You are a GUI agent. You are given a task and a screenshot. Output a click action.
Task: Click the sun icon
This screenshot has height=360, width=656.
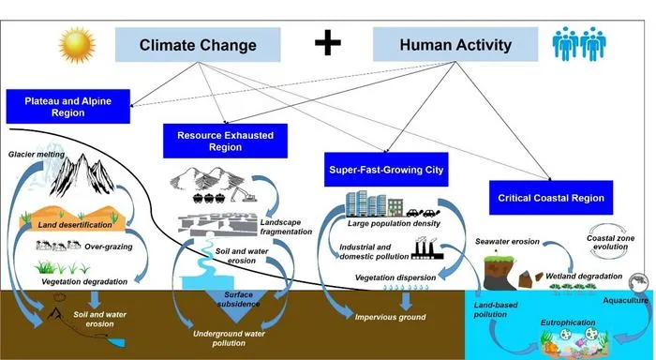(77, 45)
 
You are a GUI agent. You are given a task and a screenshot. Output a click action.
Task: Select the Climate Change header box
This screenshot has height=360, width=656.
(198, 45)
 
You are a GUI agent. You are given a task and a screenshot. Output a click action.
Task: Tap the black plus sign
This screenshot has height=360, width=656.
(328, 43)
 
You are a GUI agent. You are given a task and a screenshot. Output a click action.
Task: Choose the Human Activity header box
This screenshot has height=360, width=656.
(455, 44)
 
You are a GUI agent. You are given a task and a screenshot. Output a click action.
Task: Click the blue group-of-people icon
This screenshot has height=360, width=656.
(579, 43)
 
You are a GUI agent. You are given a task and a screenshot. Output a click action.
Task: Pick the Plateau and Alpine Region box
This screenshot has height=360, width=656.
(67, 106)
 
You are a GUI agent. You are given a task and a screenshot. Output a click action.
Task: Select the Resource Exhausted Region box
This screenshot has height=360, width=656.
(225, 141)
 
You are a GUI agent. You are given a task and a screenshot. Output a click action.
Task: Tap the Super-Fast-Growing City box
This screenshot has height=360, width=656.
(386, 170)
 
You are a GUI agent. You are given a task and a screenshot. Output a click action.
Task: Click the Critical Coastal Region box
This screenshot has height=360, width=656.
(551, 198)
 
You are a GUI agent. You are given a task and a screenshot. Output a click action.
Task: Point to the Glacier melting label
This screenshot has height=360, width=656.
(37, 155)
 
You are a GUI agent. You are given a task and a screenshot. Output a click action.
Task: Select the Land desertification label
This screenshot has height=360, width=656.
(75, 225)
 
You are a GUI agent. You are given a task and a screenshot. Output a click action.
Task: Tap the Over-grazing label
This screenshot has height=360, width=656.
(109, 247)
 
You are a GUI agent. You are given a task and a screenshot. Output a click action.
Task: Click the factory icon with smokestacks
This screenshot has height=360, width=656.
(425, 248)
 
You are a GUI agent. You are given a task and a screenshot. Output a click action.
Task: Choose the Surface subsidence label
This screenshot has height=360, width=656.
(238, 299)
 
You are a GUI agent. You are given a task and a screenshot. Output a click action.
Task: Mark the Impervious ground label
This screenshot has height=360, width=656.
(391, 317)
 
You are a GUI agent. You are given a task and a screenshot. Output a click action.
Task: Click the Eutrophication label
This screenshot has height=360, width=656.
(568, 322)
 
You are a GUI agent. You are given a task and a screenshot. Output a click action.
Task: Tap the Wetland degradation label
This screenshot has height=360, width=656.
(584, 277)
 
